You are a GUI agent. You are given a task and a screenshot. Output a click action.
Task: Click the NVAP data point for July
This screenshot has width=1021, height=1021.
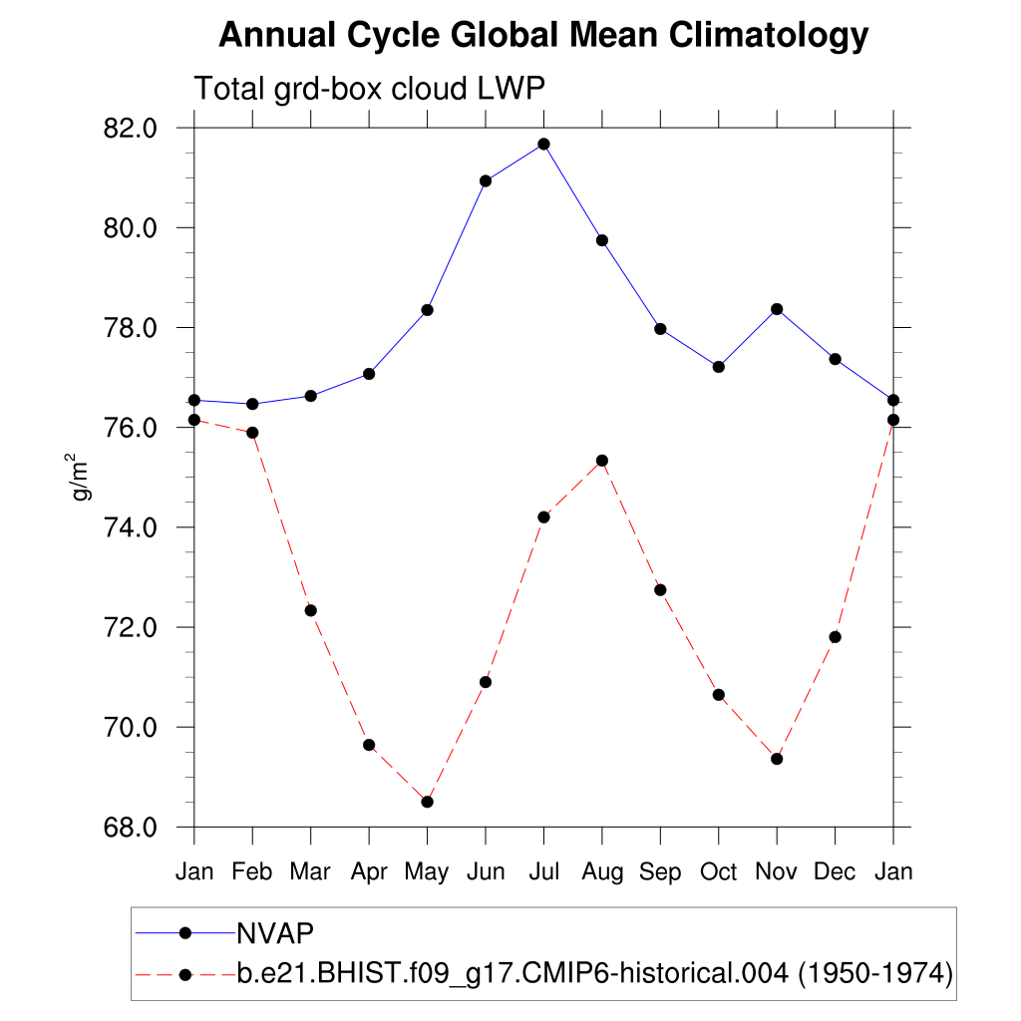pos(543,144)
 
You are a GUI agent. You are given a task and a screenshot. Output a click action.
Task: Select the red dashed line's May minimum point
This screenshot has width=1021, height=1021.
pos(427,802)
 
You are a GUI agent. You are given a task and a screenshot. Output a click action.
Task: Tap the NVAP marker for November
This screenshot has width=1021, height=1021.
pos(777,309)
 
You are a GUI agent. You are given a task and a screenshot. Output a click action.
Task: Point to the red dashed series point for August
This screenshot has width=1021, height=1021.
pos(602,461)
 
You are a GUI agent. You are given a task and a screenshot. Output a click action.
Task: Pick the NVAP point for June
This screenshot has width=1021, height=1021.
pos(486,180)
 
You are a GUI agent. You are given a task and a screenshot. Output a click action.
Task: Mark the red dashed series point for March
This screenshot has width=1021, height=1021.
pos(310,610)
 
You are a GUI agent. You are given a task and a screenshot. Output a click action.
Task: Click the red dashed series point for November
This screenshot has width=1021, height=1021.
pos(777,759)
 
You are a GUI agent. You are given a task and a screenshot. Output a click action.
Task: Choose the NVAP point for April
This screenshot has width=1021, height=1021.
pos(369,374)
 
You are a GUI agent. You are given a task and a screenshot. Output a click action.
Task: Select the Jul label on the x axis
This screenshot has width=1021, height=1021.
pos(543,872)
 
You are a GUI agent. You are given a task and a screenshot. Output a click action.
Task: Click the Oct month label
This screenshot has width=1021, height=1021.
pos(718,872)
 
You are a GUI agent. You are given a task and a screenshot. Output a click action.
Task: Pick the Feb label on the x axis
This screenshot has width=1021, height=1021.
pos(252,872)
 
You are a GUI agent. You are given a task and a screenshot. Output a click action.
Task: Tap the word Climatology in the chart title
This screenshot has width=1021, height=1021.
pos(768,37)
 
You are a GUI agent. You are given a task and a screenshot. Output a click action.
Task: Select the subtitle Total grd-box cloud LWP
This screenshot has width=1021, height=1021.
pos(369,89)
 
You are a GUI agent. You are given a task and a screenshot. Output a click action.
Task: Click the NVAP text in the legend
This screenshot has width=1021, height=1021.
pos(275,933)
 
